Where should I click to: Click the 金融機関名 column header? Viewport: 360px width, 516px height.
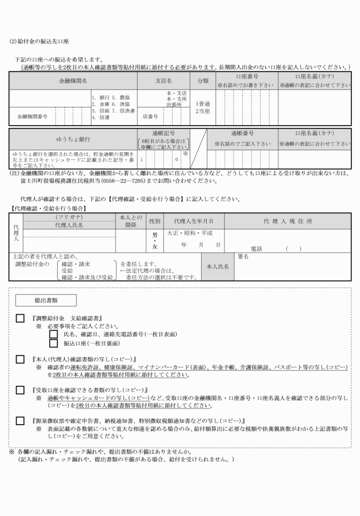tap(73, 81)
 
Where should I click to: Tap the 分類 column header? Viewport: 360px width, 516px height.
tap(203, 81)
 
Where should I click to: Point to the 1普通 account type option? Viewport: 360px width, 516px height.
tap(203, 104)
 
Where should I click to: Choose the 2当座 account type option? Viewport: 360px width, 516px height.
tap(203, 111)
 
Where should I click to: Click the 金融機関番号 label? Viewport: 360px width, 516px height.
tap(33, 116)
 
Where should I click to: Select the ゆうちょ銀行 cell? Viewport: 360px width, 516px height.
tap(73, 139)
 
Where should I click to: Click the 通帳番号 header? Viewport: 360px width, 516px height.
tap(242, 133)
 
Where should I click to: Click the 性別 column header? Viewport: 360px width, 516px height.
tap(154, 221)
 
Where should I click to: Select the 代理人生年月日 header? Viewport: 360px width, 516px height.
tap(194, 221)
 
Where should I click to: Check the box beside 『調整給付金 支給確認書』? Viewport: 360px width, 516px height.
tap(20, 318)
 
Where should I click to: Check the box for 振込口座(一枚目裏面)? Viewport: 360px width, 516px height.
tap(54, 343)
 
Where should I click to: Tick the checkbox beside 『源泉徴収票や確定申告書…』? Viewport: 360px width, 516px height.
tap(20, 421)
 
